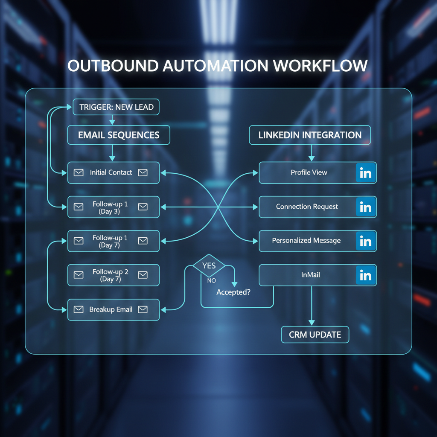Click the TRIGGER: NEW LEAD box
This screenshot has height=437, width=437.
116,107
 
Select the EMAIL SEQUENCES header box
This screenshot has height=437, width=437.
119,135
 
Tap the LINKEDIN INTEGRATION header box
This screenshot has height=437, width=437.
310,135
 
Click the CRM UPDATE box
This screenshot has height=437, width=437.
315,335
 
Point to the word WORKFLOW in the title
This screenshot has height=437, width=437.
320,66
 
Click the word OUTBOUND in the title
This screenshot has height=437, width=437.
113,66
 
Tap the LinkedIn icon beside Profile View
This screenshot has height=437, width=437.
366,173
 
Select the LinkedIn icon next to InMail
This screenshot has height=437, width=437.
366,275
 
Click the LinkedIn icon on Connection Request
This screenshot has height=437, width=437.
366,207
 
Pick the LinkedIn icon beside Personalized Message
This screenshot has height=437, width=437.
366,241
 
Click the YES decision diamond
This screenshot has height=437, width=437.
209,265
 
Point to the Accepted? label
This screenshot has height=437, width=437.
233,292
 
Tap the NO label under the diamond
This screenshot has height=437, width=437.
211,280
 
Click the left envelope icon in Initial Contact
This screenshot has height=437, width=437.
79,172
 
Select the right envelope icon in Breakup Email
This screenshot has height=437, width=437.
143,309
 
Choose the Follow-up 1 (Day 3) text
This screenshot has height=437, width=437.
110,208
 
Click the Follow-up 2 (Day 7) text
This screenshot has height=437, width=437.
111,275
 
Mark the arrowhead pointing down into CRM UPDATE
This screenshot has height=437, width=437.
312,323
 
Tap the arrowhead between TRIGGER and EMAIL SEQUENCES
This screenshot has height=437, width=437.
112,122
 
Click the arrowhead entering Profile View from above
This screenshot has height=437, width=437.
312,158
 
